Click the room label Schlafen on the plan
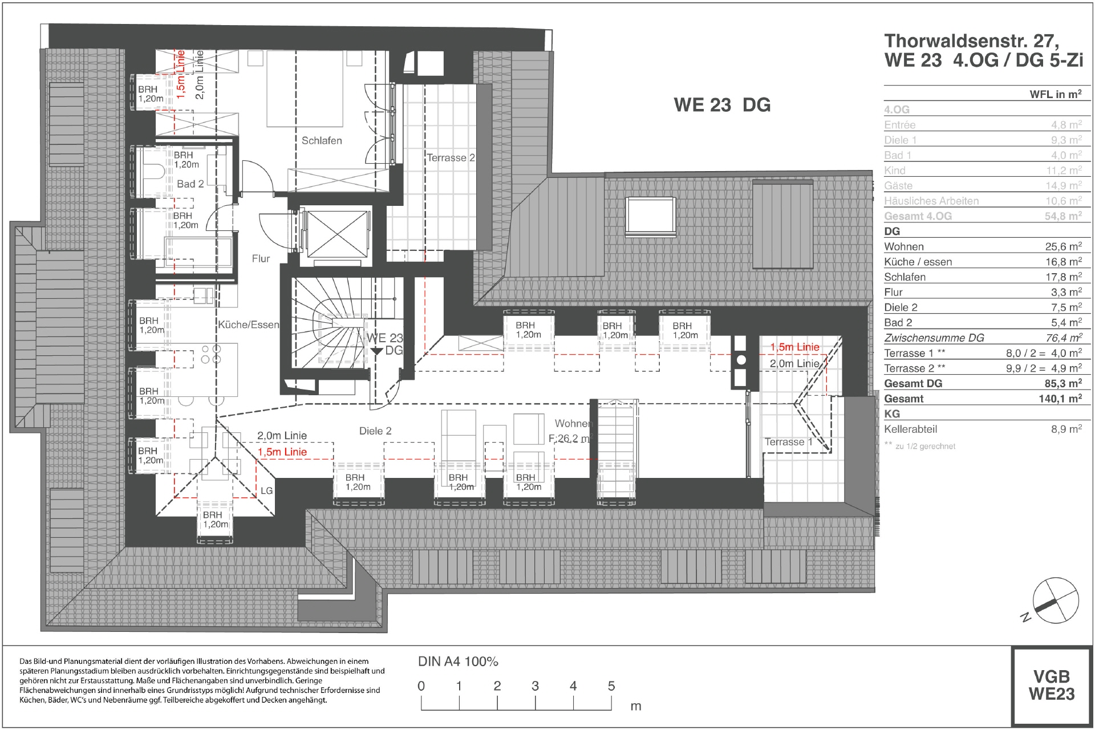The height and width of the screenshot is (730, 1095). coord(322,140)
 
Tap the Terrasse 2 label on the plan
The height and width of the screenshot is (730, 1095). coord(451,158)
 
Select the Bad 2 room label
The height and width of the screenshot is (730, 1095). coord(190,184)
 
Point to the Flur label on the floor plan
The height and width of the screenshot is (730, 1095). coord(261,259)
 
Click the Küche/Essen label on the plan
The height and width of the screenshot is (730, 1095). coord(249,325)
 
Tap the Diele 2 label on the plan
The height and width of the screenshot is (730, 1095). coord(375,431)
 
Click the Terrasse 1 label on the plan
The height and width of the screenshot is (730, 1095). coord(788,442)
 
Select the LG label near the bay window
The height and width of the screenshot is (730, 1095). coord(266,491)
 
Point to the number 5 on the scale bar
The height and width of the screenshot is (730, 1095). coord(611,686)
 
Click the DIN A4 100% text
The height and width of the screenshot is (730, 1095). coord(458,662)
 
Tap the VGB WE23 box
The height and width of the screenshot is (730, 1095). coord(1051,686)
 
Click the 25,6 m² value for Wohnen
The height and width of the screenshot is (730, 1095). coord(1063,246)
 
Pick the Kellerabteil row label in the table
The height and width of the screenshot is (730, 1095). coord(910,429)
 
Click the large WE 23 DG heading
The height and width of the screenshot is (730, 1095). coord(721,105)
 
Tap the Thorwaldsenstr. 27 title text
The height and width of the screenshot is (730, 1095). coord(971,41)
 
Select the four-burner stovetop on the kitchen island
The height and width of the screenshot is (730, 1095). coord(210,354)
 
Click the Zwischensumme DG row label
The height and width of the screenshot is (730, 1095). coord(934,338)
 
